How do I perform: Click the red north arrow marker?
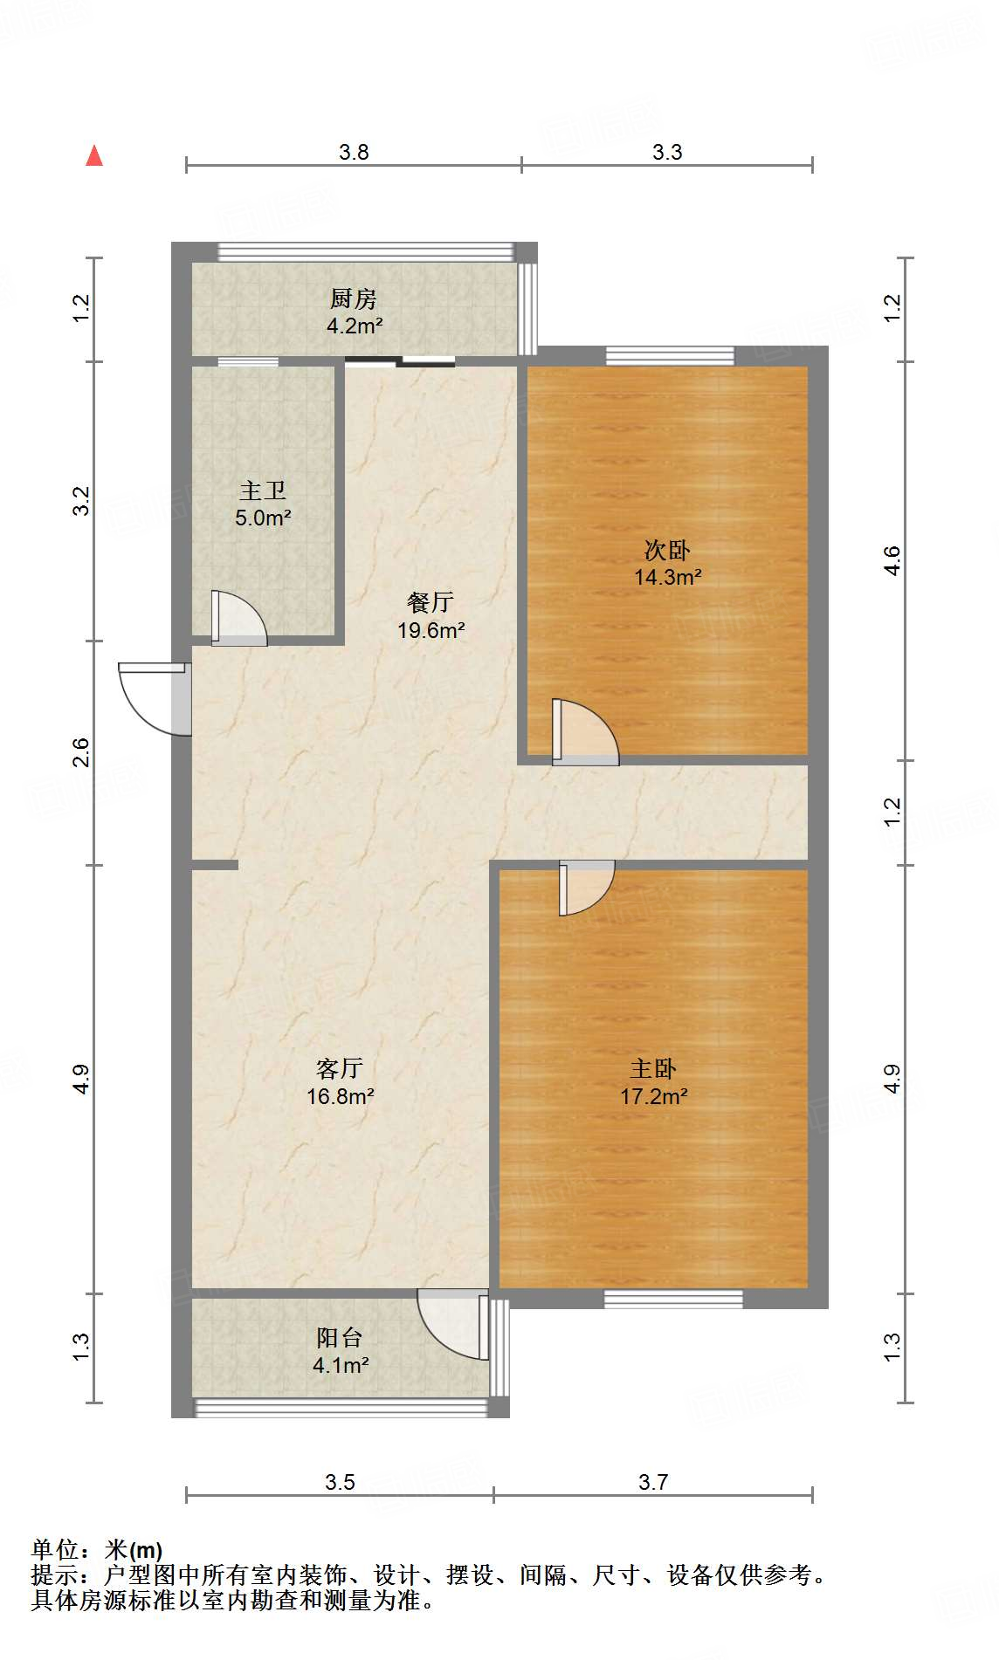click(x=94, y=156)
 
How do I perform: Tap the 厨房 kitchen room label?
click(x=354, y=299)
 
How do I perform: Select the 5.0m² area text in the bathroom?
click(x=263, y=518)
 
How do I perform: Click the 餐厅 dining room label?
click(x=431, y=602)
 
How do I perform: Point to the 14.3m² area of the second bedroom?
click(x=668, y=577)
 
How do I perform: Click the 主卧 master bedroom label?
click(x=653, y=1068)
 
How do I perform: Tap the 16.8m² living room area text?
click(x=341, y=1096)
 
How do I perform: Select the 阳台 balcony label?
click(x=340, y=1337)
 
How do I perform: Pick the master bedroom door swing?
click(x=585, y=886)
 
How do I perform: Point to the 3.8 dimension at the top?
click(x=354, y=152)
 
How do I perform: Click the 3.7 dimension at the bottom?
click(x=653, y=1482)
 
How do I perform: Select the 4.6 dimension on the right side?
click(x=892, y=560)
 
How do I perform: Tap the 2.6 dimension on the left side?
click(x=80, y=752)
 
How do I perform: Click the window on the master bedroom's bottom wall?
click(x=673, y=1299)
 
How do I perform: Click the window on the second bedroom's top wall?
click(x=670, y=355)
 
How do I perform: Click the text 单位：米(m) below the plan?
click(x=97, y=1549)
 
